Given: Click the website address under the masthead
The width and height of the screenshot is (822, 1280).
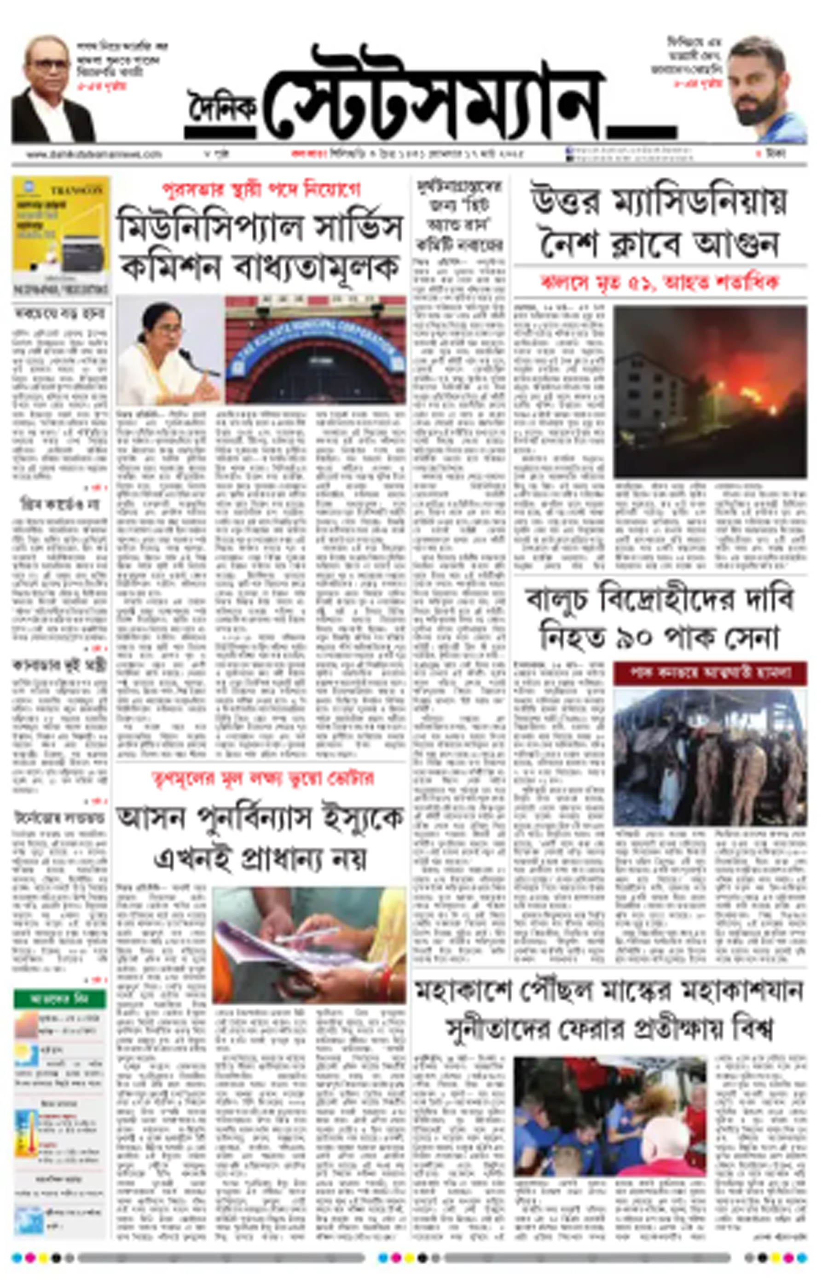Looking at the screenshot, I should [94, 154].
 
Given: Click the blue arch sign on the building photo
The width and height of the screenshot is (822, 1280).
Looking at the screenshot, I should [315, 342].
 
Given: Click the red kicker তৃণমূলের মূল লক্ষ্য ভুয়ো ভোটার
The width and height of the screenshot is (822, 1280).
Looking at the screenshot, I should [261, 778].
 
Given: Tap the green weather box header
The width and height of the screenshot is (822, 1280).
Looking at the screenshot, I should [60, 998].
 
